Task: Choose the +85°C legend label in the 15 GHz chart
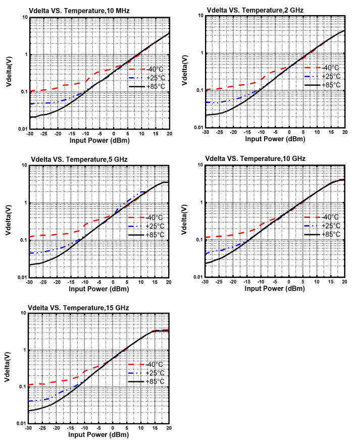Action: [x=155, y=381]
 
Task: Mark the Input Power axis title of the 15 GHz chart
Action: [x=99, y=435]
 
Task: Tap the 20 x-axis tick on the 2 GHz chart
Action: [x=344, y=132]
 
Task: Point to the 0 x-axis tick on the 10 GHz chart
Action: [x=289, y=282]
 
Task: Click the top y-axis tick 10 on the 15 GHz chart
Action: [x=23, y=313]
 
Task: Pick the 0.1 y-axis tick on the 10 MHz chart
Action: [x=23, y=92]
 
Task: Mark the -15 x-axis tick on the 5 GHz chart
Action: [x=71, y=282]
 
